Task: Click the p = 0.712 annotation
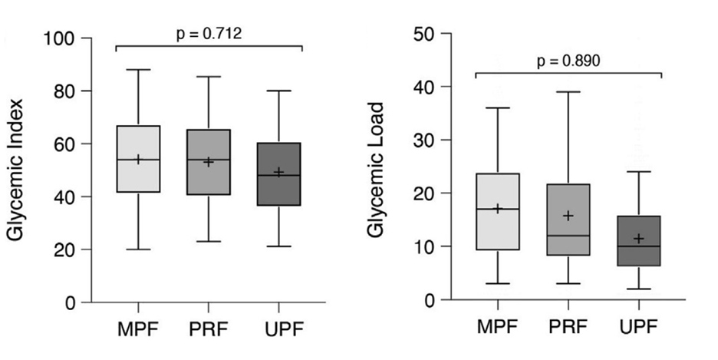209,34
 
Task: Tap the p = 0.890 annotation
568,61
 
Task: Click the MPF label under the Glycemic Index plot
138,331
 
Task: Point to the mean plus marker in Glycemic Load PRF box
568,216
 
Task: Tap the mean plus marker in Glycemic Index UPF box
279,172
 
